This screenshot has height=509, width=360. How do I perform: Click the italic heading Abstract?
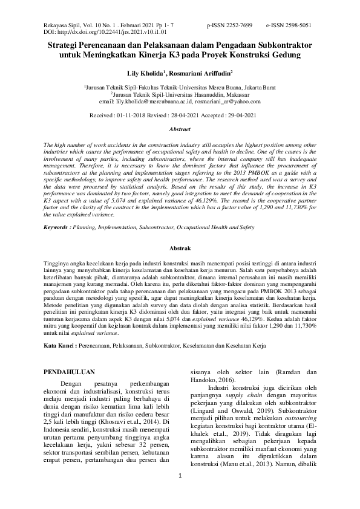pos(180,129)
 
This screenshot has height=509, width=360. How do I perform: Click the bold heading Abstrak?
pos(180,248)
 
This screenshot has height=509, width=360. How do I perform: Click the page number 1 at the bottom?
pos(180,493)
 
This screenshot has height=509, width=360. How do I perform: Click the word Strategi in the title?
pos(66,45)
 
